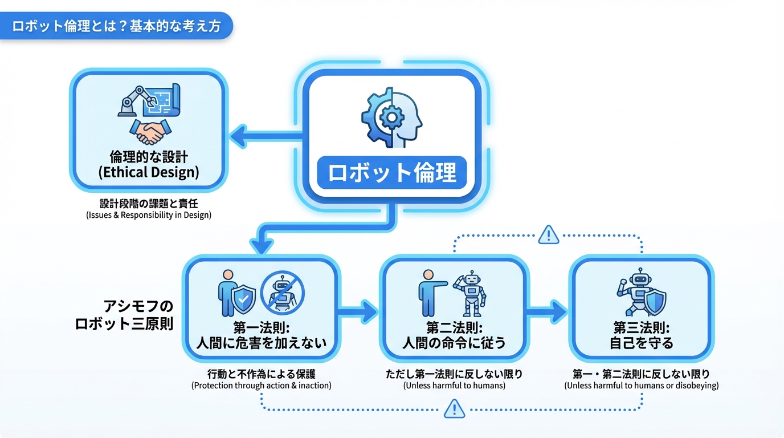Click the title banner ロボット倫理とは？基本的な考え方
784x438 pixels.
point(116,26)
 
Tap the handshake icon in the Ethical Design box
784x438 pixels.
point(149,132)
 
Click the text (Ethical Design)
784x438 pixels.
point(149,173)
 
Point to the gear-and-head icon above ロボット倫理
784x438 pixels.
point(392,117)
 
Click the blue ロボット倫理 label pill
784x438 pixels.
point(392,172)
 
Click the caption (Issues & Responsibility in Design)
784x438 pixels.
point(149,215)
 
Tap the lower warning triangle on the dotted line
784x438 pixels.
point(454,408)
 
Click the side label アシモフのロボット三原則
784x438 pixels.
point(124,314)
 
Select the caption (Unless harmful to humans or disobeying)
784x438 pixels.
point(641,386)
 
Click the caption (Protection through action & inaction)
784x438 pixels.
point(262,386)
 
